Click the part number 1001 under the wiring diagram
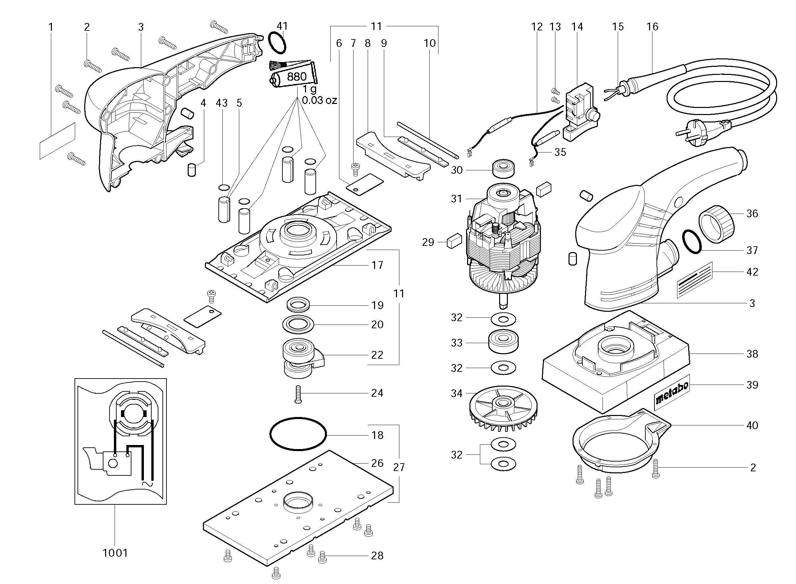(115, 553)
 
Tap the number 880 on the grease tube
(297, 77)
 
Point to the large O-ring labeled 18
(298, 434)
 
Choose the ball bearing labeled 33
(503, 341)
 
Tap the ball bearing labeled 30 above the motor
(503, 169)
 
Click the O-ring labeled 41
(277, 43)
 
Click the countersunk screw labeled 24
(298, 394)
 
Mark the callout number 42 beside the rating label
(752, 272)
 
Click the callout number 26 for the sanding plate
(377, 463)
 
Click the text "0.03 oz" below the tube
(319, 101)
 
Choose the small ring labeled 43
(224, 187)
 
